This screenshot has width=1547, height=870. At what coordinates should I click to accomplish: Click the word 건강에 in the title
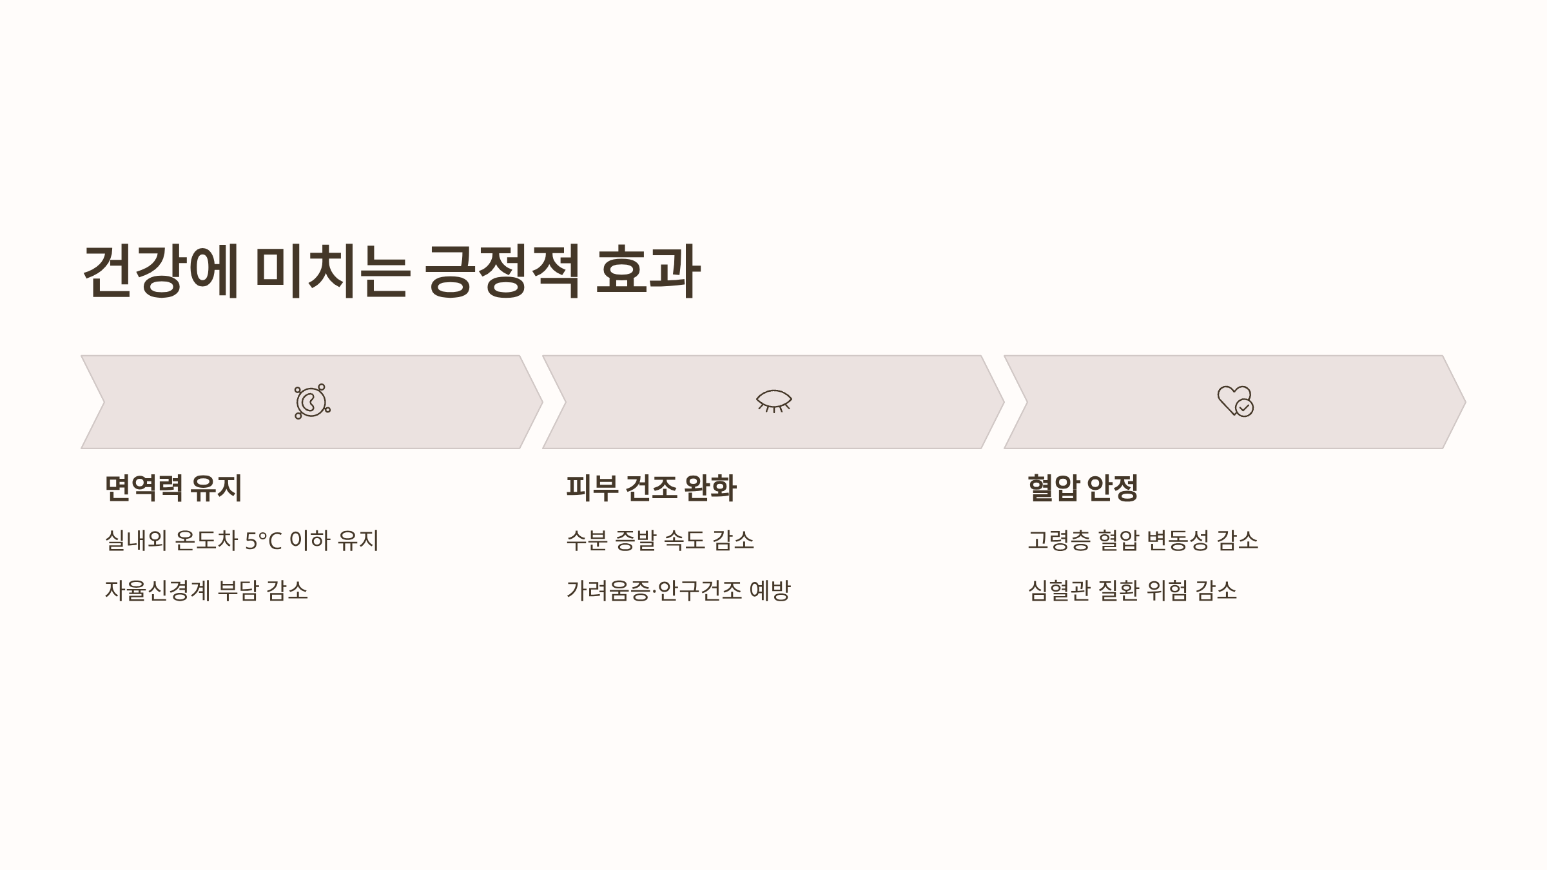click(161, 272)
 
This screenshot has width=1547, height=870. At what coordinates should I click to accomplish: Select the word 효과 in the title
click(647, 272)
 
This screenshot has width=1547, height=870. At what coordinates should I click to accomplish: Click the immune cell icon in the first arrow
click(312, 401)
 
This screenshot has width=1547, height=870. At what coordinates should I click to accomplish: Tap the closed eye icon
click(773, 401)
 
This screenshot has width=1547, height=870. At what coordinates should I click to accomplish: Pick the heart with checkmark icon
click(1235, 401)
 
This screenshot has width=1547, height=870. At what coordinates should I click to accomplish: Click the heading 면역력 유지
click(173, 488)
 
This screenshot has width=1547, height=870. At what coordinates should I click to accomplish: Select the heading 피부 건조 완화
click(651, 488)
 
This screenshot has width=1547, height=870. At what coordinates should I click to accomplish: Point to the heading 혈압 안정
click(1083, 488)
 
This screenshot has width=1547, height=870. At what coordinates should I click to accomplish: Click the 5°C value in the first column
click(264, 541)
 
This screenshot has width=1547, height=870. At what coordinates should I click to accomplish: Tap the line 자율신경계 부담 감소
click(206, 590)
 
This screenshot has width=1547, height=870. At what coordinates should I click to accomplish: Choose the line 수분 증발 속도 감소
click(660, 540)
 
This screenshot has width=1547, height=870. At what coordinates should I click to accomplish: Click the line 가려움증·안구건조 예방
click(678, 590)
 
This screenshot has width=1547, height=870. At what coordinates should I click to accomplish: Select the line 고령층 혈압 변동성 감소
click(1143, 540)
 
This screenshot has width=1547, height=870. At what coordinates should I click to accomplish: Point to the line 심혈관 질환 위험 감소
click(1133, 590)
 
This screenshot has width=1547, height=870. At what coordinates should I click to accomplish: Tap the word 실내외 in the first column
click(135, 540)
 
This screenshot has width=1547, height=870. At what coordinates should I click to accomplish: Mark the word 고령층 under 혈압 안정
click(1058, 540)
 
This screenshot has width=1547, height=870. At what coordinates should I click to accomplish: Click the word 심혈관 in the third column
click(1058, 590)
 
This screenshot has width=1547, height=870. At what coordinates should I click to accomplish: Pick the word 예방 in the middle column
click(770, 590)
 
